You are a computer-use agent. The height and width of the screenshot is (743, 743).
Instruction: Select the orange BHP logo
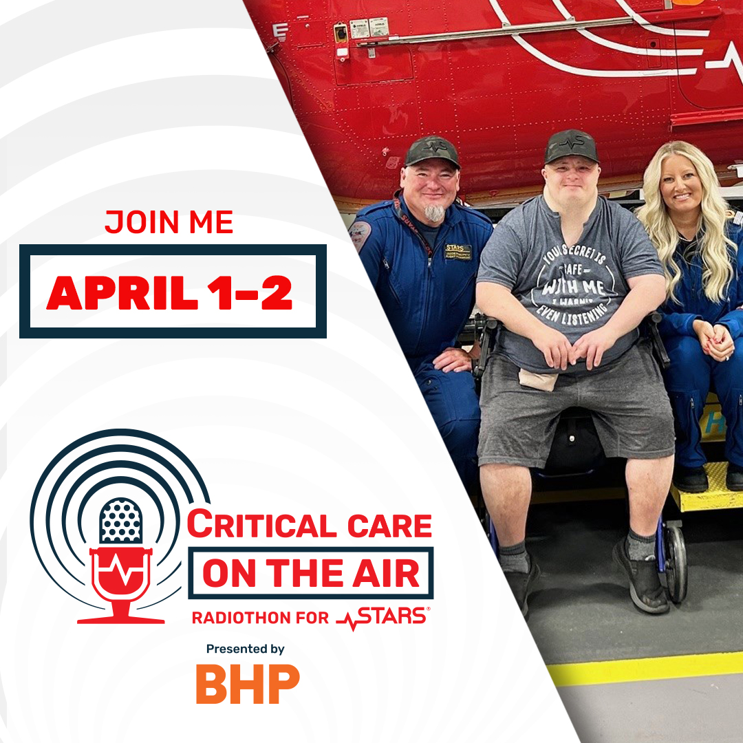click(248, 684)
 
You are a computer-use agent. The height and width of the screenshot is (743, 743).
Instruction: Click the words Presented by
click(246, 649)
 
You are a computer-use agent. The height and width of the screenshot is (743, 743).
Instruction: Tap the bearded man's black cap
click(432, 150)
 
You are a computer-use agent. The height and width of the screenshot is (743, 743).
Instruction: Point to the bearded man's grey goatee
click(435, 213)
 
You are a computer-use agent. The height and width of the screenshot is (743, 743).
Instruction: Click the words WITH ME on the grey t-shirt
click(567, 285)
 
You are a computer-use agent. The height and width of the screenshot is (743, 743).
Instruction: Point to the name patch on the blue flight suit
click(457, 251)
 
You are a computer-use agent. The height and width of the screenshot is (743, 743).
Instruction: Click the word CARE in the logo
click(389, 526)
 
